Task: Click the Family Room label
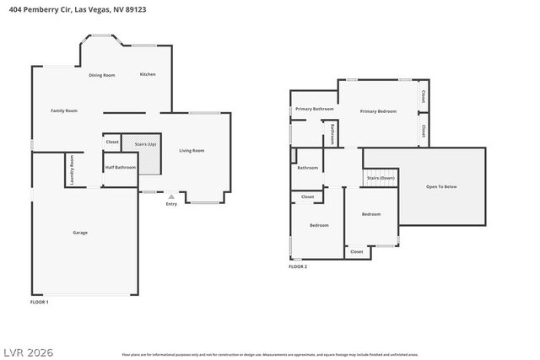(64, 110)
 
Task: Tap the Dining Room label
(102, 75)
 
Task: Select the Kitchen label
(148, 74)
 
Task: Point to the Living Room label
(192, 151)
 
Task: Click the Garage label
(80, 233)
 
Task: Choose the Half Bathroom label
(121, 167)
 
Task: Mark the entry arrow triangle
(171, 196)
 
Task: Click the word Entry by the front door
(171, 203)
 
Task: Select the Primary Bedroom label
(378, 111)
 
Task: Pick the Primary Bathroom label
(315, 109)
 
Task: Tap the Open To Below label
(441, 186)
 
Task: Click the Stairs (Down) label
(381, 179)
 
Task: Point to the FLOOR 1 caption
(40, 302)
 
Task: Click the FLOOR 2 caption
(298, 266)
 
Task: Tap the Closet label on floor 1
(112, 142)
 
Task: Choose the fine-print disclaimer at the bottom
(270, 355)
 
